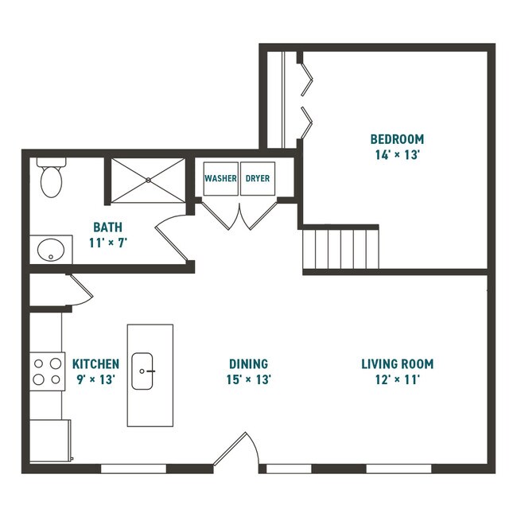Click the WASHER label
220,179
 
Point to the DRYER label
257,179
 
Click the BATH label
107,227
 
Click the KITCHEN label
95,364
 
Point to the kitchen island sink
143,371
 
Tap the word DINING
248,364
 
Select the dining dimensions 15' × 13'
248,380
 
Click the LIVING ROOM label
397,364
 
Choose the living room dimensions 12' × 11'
397,380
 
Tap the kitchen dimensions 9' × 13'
95,380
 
